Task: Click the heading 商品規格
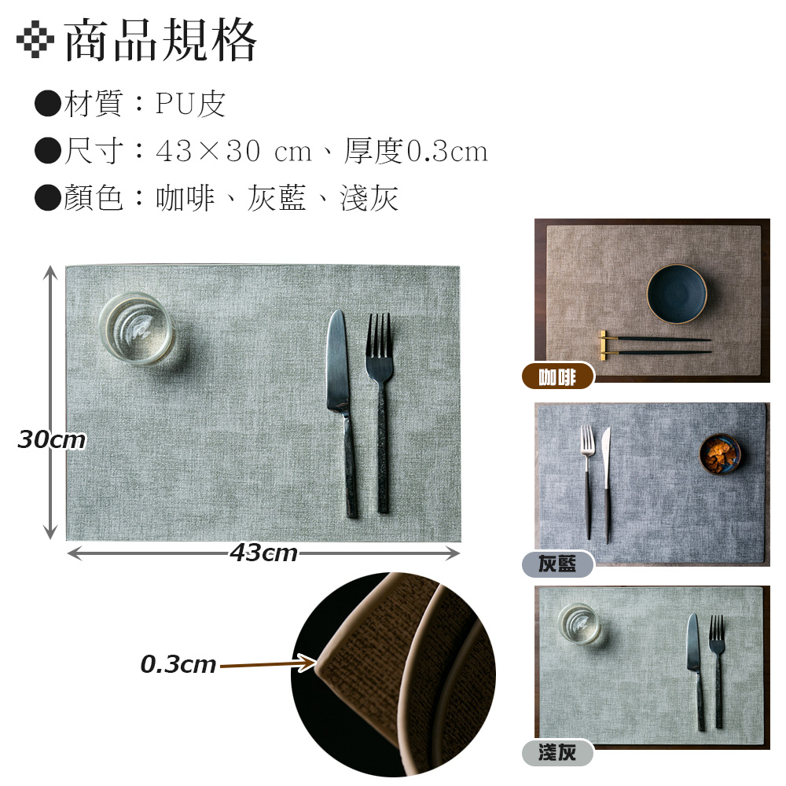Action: (160, 40)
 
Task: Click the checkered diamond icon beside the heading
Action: (35, 39)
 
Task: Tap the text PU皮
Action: (190, 104)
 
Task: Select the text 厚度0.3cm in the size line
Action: (416, 150)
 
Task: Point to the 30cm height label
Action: (52, 439)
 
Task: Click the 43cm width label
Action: (263, 553)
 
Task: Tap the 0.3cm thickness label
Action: (178, 664)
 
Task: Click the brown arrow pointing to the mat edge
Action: (268, 664)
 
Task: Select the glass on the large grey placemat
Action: (137, 327)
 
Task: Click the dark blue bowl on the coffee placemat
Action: (677, 293)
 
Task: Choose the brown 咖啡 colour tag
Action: (558, 376)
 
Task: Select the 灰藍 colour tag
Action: (558, 564)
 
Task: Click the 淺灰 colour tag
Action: (558, 752)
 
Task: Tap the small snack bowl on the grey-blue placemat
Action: (720, 454)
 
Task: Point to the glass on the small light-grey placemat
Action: (580, 623)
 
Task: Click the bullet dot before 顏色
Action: (48, 198)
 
